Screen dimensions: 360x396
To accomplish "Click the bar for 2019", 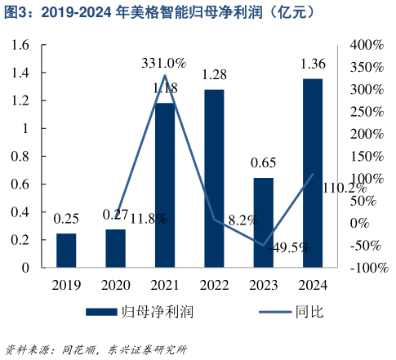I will tap(66, 250).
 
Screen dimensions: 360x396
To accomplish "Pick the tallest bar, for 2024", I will tap(312, 172).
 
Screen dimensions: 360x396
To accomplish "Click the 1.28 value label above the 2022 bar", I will tap(214, 74).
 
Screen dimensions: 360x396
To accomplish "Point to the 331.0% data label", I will tap(164, 62).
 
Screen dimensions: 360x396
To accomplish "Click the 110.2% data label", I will tap(345, 188).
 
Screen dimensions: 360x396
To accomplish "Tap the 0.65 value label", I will tap(263, 163).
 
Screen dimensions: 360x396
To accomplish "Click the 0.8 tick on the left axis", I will tap(20, 156).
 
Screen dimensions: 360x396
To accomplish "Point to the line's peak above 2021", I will tap(165, 76).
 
